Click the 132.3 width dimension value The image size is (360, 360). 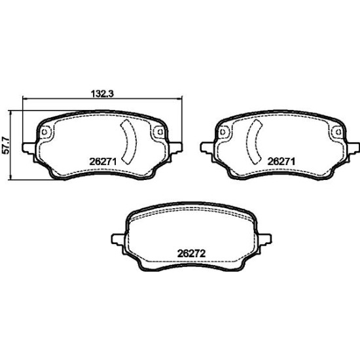pyautogui.click(x=102, y=94)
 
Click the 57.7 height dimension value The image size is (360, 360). pyautogui.click(x=5, y=145)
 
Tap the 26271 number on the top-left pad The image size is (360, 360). pyautogui.click(x=103, y=162)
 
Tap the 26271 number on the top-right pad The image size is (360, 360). pyautogui.click(x=281, y=162)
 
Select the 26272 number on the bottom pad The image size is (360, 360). pyautogui.click(x=191, y=254)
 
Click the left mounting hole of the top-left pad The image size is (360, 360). pyautogui.click(x=45, y=132)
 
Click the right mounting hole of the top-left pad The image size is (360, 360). pyautogui.click(x=160, y=132)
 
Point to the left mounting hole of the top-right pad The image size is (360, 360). pyautogui.click(x=223, y=132)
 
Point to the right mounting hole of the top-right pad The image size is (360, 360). pyautogui.click(x=338, y=132)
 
